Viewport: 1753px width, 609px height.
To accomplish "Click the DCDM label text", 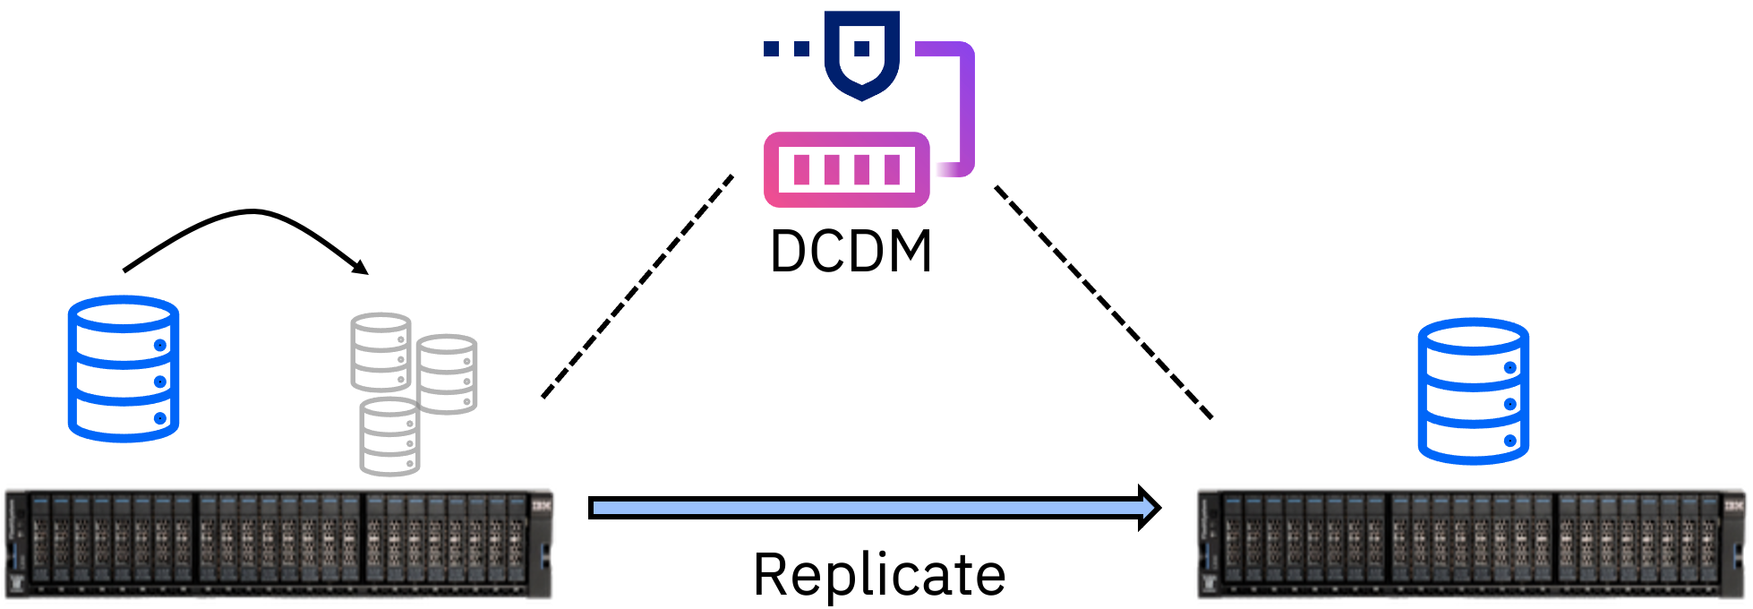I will [851, 252].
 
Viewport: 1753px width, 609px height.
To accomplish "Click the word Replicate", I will [879, 574].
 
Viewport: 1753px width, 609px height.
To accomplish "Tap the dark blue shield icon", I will [861, 54].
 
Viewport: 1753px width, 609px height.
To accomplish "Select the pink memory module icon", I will [846, 169].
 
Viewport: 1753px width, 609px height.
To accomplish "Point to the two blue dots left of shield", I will [785, 48].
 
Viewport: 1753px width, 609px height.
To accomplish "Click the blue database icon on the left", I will [124, 368].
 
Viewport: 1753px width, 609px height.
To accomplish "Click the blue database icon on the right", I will [1473, 390].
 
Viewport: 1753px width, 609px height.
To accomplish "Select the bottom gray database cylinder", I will [389, 436].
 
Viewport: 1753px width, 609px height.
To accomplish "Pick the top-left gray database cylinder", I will [381, 352].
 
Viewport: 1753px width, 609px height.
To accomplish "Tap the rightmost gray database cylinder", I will [447, 373].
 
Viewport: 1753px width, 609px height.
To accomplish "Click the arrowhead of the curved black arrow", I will [362, 267].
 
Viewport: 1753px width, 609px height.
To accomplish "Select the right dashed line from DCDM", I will [1103, 302].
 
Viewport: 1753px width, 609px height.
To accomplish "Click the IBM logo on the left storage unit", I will [542, 506].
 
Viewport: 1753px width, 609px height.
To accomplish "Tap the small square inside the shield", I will [861, 48].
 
